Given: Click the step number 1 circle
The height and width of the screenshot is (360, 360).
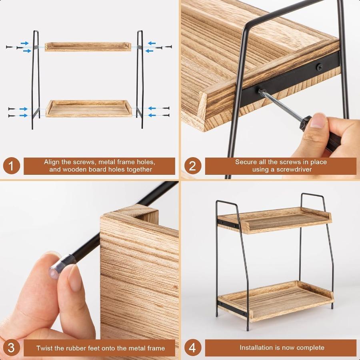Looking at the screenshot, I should point(12,166).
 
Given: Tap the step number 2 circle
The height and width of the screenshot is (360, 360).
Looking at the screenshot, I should point(192,166).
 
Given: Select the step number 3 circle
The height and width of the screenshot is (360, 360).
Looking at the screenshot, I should point(12,348).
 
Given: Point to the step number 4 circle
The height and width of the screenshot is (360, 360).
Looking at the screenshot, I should point(192,348).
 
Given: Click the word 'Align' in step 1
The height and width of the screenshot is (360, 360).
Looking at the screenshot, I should point(52,162).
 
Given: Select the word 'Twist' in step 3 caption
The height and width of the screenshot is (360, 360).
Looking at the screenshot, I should point(45,348).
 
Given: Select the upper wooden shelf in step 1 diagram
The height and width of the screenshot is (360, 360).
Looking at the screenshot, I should point(88,46).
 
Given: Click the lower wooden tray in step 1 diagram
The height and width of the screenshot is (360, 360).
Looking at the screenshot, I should point(88,108).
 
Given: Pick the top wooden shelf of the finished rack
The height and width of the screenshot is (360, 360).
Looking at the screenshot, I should point(276,220).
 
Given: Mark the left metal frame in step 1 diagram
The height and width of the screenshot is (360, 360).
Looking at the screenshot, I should point(36,80).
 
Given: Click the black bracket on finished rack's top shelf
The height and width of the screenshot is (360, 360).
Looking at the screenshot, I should point(228,223).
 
